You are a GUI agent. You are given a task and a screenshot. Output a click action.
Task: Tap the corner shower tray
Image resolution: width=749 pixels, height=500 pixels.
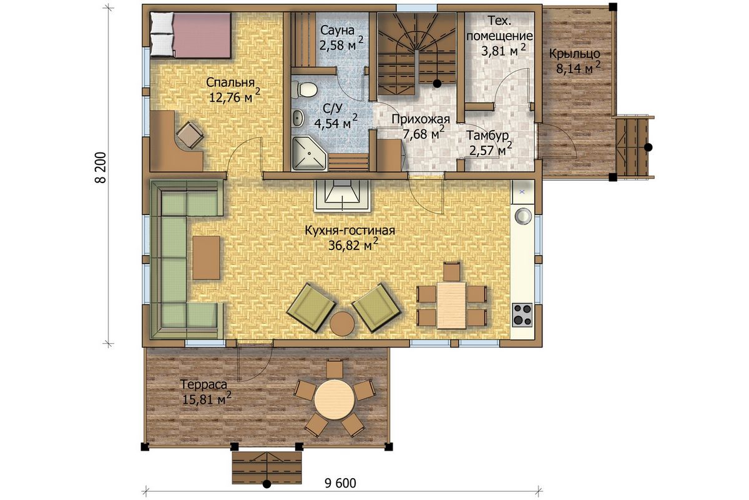tap(310, 153)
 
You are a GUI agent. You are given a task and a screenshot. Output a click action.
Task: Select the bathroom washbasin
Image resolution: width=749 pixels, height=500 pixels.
tap(298, 119)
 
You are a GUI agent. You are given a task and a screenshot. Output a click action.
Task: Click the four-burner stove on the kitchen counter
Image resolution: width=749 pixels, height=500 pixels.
tap(522, 315)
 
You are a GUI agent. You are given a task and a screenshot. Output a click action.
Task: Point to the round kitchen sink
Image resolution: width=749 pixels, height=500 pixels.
tap(523, 216)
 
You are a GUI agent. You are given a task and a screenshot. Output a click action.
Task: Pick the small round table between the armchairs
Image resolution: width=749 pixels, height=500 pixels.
tap(342, 323)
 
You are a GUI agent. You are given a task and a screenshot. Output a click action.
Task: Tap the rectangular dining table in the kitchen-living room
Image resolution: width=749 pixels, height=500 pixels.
tap(451, 305)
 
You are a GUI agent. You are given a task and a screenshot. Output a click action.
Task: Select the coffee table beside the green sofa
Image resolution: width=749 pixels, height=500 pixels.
tap(207, 257)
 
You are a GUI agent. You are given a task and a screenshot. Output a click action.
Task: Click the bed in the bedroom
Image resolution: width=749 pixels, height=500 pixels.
tap(191, 35)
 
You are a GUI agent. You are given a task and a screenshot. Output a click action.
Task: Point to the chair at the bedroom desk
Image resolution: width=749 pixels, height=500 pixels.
tap(190, 135)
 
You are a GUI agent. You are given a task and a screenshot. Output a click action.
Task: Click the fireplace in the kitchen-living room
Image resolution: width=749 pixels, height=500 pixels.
tap(343, 196)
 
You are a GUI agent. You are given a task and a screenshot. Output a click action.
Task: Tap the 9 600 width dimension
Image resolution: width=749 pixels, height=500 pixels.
tap(340, 483)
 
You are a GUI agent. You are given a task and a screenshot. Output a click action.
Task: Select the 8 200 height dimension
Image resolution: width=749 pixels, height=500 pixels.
tap(100, 167)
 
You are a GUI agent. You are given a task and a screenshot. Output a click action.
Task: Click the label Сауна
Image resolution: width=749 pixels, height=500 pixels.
tap(337, 31)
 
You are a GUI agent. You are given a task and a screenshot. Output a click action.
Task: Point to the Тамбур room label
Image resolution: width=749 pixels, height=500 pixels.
tap(487, 136)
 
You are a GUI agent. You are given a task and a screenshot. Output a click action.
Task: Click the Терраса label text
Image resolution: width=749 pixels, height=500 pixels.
tap(203, 384)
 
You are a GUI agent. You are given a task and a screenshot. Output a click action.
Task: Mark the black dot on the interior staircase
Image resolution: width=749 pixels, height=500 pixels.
tap(437, 84)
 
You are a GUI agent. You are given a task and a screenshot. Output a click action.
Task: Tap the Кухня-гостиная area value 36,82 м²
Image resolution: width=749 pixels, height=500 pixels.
tap(353, 245)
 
